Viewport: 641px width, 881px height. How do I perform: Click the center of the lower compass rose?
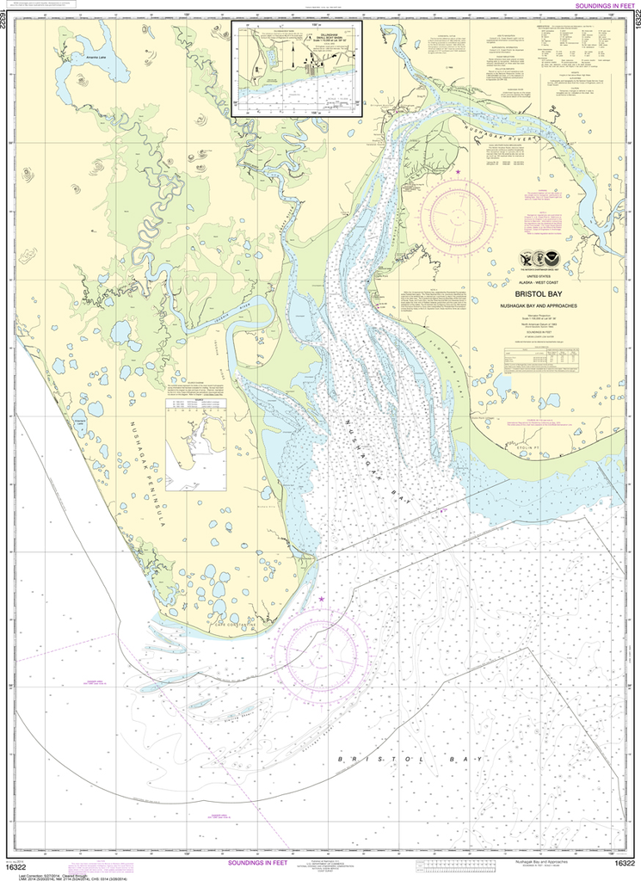click(x=321, y=645)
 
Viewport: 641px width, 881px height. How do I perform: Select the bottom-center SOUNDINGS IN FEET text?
click(x=268, y=863)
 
